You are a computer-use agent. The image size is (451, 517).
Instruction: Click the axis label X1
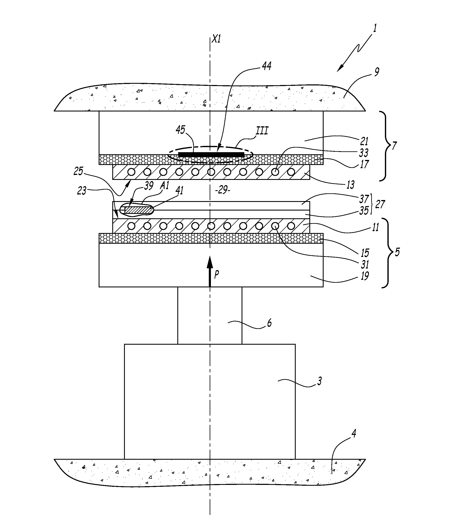coord(216,39)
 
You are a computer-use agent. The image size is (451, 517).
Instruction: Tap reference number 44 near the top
coord(267,66)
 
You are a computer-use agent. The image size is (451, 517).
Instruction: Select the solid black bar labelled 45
coord(211,154)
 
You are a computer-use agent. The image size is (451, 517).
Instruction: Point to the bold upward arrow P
coord(210,271)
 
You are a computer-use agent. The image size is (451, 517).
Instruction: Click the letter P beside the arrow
coord(216,275)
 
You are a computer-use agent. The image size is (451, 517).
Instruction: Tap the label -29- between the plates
coord(223,190)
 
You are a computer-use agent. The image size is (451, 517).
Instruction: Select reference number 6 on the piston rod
coord(269,323)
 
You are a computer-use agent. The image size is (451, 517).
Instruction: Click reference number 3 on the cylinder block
coord(319,381)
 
